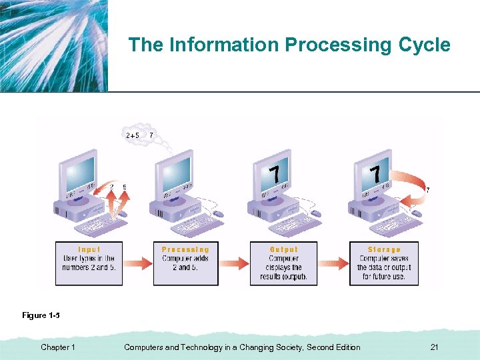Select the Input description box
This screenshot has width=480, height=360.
89,263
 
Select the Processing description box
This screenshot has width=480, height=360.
185,263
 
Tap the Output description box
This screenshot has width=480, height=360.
283,263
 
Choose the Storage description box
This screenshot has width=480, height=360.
384,263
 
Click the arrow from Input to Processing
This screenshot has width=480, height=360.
139,263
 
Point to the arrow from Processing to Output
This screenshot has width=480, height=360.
235,263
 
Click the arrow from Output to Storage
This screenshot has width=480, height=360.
333,263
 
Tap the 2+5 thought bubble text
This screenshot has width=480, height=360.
133,135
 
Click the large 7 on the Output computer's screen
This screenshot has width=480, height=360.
274,175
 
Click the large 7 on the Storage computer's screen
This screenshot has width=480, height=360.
375,175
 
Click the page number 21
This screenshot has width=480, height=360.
434,347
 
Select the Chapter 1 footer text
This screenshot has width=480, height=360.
58,347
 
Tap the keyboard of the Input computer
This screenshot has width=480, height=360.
101,226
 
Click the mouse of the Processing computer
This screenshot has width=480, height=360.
218,214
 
